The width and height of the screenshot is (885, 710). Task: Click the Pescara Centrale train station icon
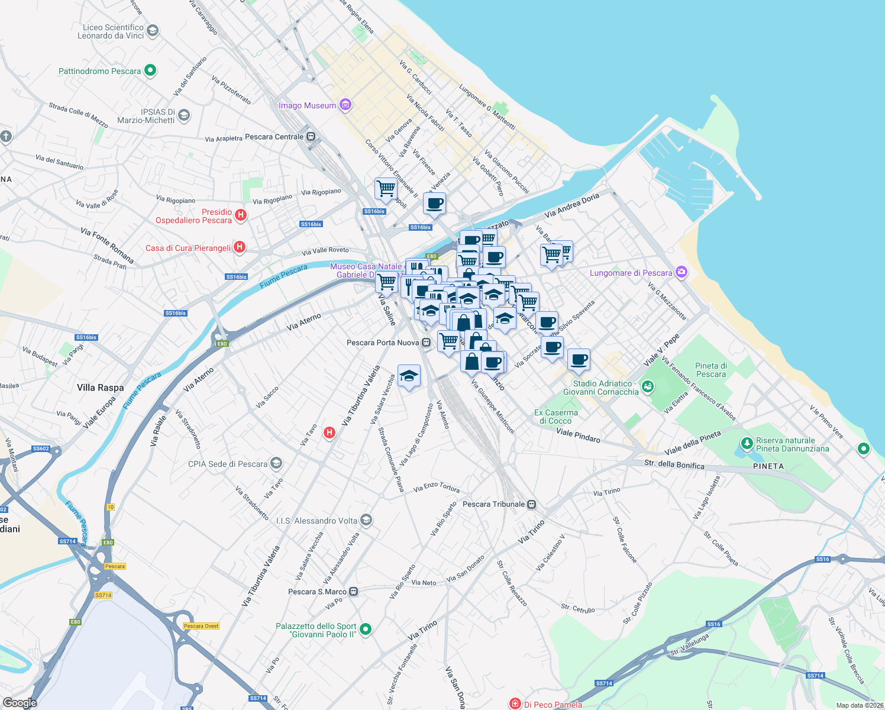click(x=311, y=137)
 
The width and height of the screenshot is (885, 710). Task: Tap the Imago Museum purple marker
click(x=345, y=105)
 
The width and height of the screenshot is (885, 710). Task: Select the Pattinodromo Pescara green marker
click(x=150, y=71)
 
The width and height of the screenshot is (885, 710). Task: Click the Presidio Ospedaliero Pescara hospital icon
click(x=241, y=215)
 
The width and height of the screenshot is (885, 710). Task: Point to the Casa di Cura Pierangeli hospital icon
click(x=240, y=247)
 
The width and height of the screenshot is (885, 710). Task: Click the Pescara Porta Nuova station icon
click(x=427, y=343)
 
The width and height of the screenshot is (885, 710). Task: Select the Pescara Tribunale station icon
click(x=532, y=504)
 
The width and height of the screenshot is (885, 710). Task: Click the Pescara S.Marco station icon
click(x=354, y=592)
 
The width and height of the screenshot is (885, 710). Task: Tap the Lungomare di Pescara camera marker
click(x=681, y=272)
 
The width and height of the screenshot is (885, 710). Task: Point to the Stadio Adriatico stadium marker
click(x=648, y=387)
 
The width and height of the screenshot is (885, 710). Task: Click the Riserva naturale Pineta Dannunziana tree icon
click(x=747, y=443)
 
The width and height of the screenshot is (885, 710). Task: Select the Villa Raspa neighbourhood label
click(x=101, y=388)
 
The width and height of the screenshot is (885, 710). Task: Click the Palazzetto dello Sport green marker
click(x=366, y=630)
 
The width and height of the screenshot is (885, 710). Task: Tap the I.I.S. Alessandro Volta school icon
click(x=366, y=520)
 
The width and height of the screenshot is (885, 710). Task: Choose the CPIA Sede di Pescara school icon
click(x=276, y=463)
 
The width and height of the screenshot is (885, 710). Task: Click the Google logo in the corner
click(x=20, y=702)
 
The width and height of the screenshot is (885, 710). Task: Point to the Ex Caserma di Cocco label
click(x=555, y=417)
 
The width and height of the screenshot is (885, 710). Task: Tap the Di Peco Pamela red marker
click(x=515, y=703)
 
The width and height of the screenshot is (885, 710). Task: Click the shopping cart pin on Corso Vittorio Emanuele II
click(x=386, y=189)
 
